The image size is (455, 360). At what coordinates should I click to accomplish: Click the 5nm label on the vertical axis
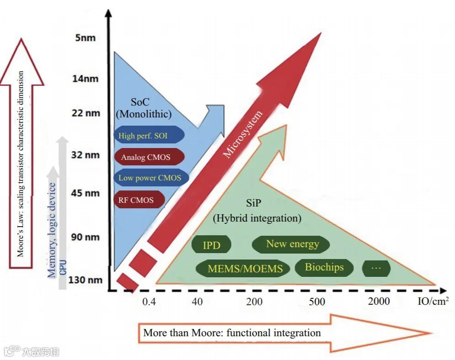pos(85,37)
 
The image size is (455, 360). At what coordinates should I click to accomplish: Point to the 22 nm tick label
pos(86,112)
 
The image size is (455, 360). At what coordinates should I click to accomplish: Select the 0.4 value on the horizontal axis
pos(149,302)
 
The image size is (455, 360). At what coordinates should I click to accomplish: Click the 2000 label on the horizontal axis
pos(379,301)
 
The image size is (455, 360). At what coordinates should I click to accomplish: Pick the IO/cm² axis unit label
pos(433,301)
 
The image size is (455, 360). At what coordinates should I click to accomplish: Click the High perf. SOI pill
pos(149,135)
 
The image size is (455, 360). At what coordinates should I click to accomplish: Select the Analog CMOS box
pos(149,157)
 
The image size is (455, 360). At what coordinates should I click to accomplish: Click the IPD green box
pos(212,245)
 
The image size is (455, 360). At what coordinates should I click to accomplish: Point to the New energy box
pos(292,244)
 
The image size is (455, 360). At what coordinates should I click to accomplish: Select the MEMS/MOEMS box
pos(245,269)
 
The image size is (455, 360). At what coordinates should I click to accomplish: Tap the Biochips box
pos(324,267)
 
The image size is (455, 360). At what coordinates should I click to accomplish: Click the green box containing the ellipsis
pos(376,268)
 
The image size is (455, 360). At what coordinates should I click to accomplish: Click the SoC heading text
pos(139,103)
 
